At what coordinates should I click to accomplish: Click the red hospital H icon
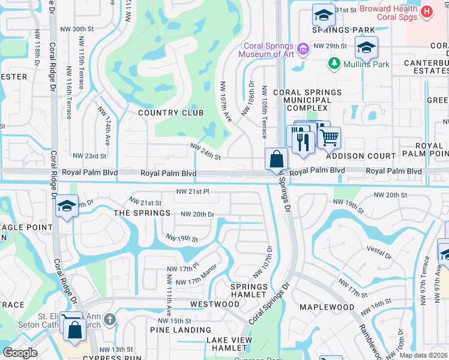pos(426,11)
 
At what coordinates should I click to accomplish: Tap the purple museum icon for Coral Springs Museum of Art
pos(304,48)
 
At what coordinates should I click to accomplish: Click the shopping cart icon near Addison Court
pos(328,137)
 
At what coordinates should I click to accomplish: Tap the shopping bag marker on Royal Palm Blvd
pos(276,160)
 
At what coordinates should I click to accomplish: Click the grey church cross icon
pos(109,319)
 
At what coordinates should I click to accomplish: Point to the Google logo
pos(20,353)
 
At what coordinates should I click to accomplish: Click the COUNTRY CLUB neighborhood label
pos(170,113)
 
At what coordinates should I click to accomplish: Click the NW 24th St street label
pos(206,151)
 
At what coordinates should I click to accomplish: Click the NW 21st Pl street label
pos(192,191)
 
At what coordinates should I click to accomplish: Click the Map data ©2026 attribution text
pos(423,355)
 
